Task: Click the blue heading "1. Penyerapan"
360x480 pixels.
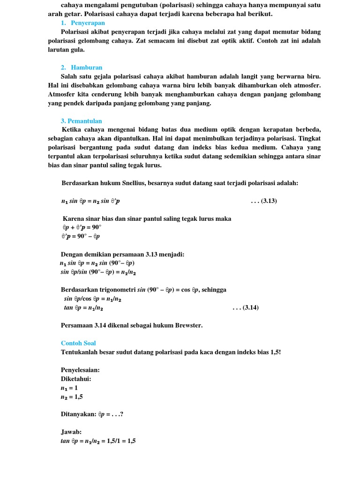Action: click(x=83, y=23)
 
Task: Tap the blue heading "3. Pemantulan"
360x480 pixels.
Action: click(x=81, y=121)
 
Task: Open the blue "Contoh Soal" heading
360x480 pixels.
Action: click(x=78, y=343)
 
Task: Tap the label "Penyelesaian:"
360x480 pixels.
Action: click(x=80, y=370)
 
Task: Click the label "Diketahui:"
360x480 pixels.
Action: click(x=76, y=379)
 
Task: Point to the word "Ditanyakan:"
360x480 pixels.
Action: click(x=78, y=414)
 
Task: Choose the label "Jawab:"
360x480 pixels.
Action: click(x=71, y=432)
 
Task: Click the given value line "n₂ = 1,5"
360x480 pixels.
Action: click(x=72, y=397)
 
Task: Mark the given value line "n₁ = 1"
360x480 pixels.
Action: click(x=69, y=388)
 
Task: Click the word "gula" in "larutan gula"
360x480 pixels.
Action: click(x=76, y=49)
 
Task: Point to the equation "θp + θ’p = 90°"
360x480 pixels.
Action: click(x=82, y=227)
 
